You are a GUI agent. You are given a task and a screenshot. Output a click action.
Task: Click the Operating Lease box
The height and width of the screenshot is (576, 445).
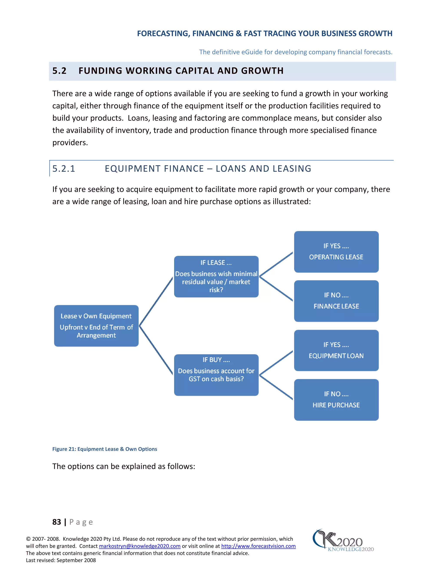click(336, 252)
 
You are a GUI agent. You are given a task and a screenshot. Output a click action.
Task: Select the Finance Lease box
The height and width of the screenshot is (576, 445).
click(336, 301)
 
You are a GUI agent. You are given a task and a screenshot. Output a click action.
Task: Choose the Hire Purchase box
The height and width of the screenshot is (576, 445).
click(336, 400)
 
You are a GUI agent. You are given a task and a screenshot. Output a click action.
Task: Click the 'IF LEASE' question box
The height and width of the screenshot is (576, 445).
click(216, 276)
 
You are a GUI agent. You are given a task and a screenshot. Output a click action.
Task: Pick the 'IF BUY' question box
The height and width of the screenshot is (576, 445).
click(216, 375)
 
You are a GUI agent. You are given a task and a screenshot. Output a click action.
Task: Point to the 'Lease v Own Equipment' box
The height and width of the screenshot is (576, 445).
click(96, 326)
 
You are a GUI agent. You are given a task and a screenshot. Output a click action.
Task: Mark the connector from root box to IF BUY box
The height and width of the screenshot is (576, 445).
click(156, 350)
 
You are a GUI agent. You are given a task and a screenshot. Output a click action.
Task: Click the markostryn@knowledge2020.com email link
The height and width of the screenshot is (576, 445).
click(139, 546)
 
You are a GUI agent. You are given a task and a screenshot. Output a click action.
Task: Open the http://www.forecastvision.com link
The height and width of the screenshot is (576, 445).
click(258, 546)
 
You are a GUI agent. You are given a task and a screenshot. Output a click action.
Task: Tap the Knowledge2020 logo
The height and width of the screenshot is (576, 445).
click(343, 541)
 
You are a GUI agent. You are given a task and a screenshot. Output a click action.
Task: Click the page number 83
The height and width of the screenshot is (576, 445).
click(57, 522)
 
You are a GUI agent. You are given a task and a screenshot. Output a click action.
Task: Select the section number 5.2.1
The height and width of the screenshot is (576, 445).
click(64, 168)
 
